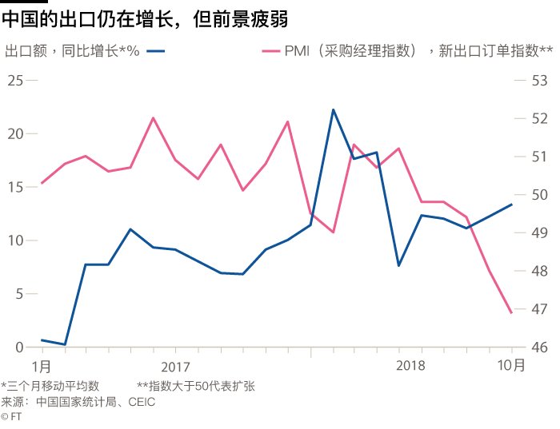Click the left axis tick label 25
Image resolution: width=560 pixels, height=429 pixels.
pyautogui.click(x=15, y=80)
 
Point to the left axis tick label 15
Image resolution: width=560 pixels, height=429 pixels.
pyautogui.click(x=15, y=187)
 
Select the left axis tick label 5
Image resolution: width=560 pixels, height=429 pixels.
pyautogui.click(x=19, y=294)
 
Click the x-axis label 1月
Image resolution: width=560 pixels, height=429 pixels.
pyautogui.click(x=42, y=366)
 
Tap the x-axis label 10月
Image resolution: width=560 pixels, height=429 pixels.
pyautogui.click(x=511, y=366)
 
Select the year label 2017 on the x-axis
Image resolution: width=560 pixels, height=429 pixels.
pyautogui.click(x=175, y=366)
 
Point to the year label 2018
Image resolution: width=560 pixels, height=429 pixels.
pyautogui.click(x=410, y=366)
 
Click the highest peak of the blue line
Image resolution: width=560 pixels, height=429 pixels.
pyautogui.click(x=333, y=110)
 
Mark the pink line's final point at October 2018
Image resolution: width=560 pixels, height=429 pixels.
pyautogui.click(x=511, y=312)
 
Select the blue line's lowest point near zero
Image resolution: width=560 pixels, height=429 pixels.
pyautogui.click(x=64, y=344)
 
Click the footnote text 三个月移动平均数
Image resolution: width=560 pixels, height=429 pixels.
pyautogui.click(x=53, y=387)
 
